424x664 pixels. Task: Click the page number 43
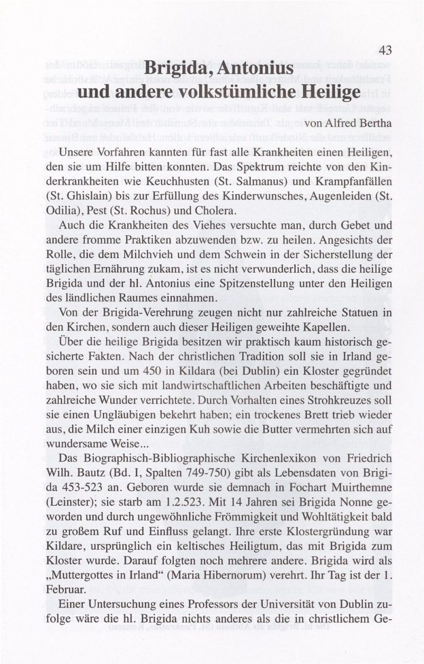pos(385,51)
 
